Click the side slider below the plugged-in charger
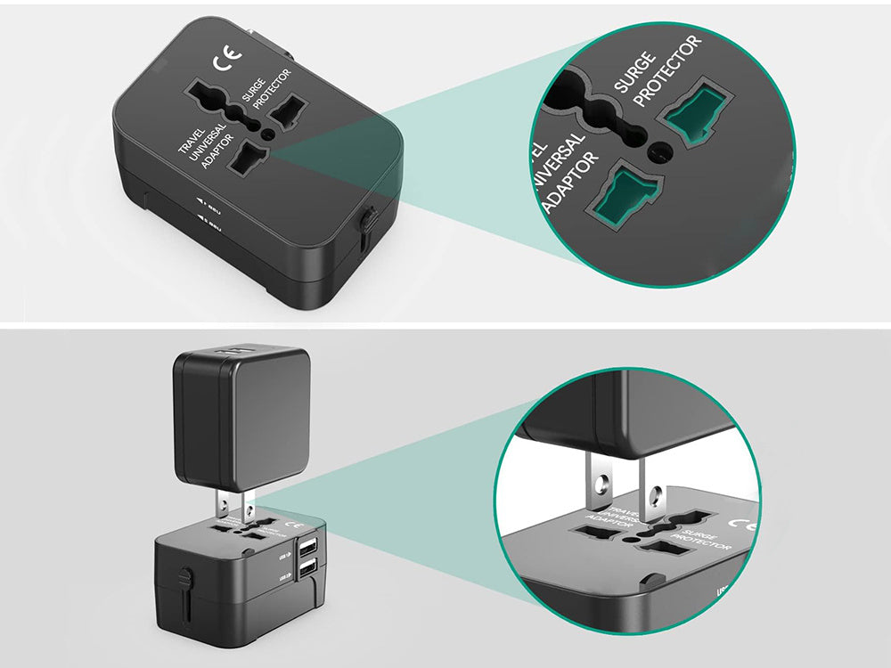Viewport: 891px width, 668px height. [x=184, y=581]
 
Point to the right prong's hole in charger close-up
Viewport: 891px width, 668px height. [x=660, y=492]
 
